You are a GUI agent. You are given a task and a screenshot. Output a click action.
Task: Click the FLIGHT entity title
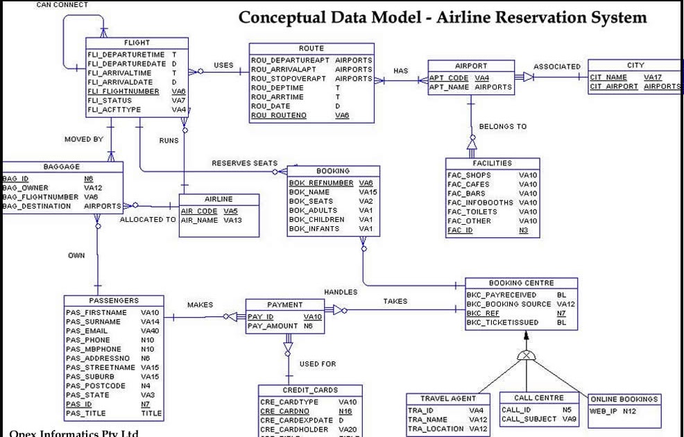click(x=136, y=43)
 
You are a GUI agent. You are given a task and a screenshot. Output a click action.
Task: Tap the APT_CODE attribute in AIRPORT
click(x=449, y=78)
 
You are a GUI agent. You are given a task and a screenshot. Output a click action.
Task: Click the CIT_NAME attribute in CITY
click(x=608, y=77)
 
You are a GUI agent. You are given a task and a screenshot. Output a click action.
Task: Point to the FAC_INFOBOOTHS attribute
click(x=480, y=203)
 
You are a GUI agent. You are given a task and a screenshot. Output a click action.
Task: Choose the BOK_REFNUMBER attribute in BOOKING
click(x=321, y=183)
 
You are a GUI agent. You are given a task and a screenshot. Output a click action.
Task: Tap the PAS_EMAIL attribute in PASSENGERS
click(x=87, y=331)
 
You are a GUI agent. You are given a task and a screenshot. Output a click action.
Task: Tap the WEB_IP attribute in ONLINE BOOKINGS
click(x=602, y=411)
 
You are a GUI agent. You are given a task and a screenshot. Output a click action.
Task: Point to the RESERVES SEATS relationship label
click(x=244, y=163)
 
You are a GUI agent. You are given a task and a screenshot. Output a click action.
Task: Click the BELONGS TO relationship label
click(x=502, y=126)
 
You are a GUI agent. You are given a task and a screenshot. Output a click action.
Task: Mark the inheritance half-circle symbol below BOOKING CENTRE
click(x=527, y=354)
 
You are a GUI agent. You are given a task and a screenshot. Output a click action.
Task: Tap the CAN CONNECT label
click(x=62, y=5)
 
